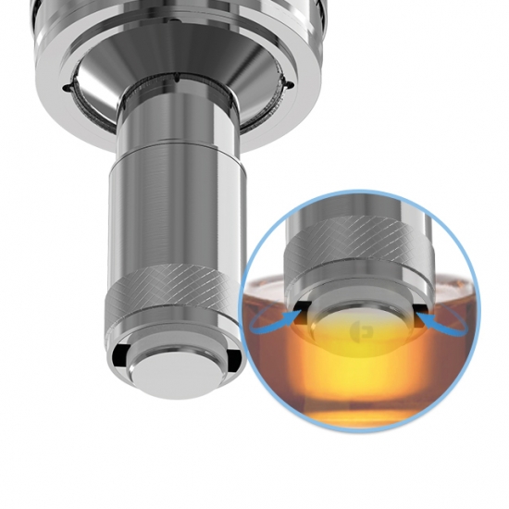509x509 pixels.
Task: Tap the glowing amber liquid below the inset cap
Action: tap(361, 379)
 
